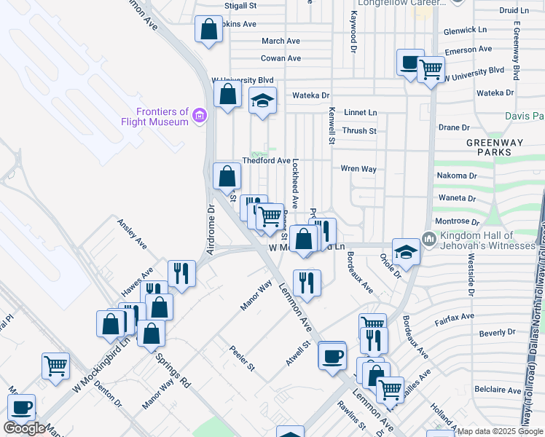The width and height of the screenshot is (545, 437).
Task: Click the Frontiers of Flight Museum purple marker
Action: pos(199,115)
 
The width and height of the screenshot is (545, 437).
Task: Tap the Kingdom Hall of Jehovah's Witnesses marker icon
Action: pos(428,239)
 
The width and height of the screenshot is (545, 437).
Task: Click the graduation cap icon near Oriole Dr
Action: pos(406,252)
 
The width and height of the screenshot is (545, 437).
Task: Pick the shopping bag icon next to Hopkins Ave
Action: pos(208,30)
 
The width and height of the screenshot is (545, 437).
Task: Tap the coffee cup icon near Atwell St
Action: pos(332,356)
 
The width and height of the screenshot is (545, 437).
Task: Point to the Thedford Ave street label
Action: pos(267,161)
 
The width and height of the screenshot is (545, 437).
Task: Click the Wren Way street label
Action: pos(358,168)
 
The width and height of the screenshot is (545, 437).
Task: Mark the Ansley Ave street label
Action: pos(132,232)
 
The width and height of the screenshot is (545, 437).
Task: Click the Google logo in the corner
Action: pos(24,428)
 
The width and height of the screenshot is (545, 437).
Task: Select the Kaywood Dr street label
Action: pos(353,23)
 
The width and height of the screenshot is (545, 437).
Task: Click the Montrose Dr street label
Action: pos(455,221)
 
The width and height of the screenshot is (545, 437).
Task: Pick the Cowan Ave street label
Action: pos(281,58)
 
